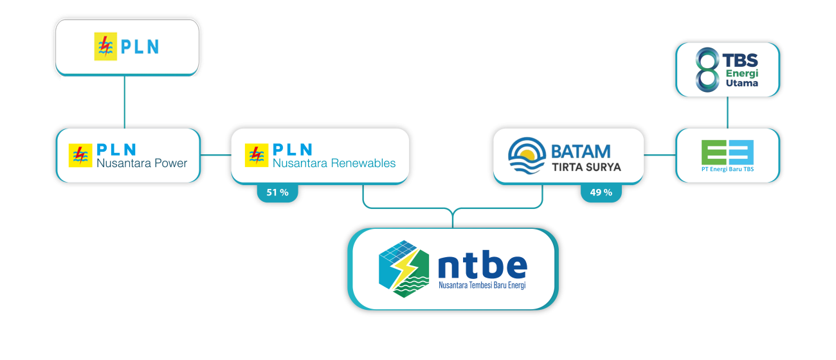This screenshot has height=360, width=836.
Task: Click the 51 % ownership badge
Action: click(277, 192)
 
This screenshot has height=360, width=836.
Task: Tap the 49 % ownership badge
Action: click(601, 192)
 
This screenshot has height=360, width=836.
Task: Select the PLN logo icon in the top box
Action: click(105, 47)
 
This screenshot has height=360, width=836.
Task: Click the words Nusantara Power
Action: click(141, 163)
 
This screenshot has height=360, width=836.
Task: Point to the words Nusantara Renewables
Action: click(334, 163)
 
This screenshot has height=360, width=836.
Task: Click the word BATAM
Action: click(581, 152)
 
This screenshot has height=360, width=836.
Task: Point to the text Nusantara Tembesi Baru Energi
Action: click(482, 285)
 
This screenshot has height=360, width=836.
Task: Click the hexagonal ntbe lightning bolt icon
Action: click(403, 269)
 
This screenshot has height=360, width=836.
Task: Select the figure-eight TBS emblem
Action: click(707, 68)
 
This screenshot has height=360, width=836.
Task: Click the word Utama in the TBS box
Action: click(741, 83)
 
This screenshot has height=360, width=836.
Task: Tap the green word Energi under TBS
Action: click(742, 73)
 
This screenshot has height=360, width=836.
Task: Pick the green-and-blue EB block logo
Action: click(727, 152)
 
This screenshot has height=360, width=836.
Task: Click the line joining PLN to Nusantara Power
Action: click(124, 101)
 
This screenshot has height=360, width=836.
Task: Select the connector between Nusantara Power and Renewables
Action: click(214, 155)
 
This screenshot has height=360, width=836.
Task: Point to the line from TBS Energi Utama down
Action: click(727, 113)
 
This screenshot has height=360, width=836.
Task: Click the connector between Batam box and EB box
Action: click(657, 155)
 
